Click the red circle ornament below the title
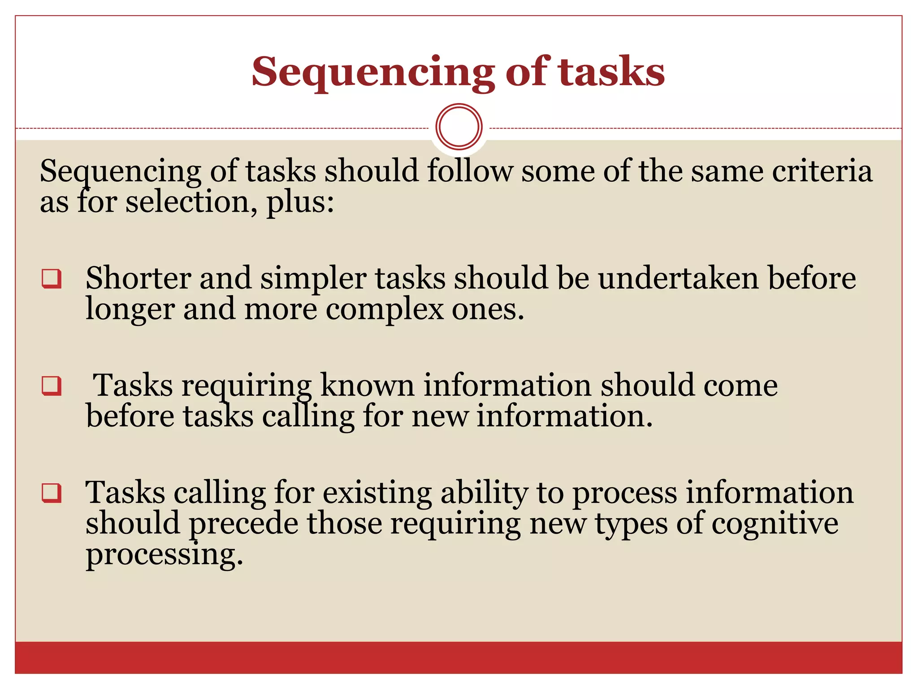[x=459, y=126]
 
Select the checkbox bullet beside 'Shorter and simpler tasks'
[x=52, y=279]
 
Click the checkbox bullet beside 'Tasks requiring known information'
[x=52, y=386]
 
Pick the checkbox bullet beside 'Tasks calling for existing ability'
[x=52, y=493]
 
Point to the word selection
[x=187, y=202]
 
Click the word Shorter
[x=138, y=278]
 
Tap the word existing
[x=377, y=493]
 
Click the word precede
[x=243, y=523]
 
